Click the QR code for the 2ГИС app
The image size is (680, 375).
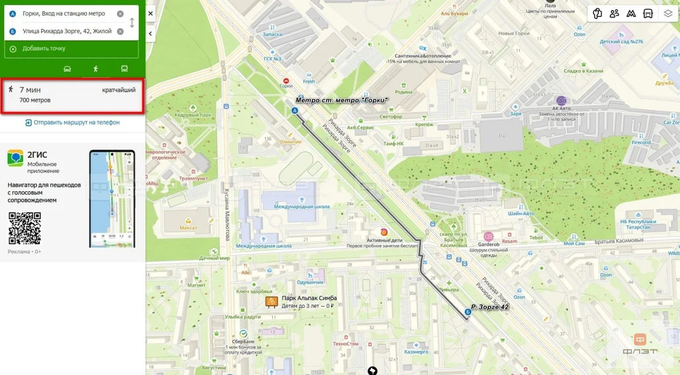click(25, 228)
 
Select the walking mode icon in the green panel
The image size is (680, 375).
click(96, 68)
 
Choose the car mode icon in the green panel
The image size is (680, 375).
click(67, 68)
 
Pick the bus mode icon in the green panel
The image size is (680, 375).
click(124, 68)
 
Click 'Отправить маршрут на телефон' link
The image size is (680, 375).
click(72, 123)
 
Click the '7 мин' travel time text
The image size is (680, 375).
click(29, 90)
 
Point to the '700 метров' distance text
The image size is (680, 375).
click(35, 100)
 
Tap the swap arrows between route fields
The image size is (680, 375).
click(131, 23)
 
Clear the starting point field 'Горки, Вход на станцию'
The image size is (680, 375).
click(120, 14)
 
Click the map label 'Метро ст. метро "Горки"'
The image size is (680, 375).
click(341, 100)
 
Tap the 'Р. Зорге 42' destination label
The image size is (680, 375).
click(489, 307)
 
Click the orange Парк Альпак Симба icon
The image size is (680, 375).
click(271, 302)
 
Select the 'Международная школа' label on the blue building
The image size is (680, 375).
click(301, 206)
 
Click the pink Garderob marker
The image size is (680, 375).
click(488, 236)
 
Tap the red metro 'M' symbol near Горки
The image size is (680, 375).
click(286, 78)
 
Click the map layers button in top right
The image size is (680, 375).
click(667, 13)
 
